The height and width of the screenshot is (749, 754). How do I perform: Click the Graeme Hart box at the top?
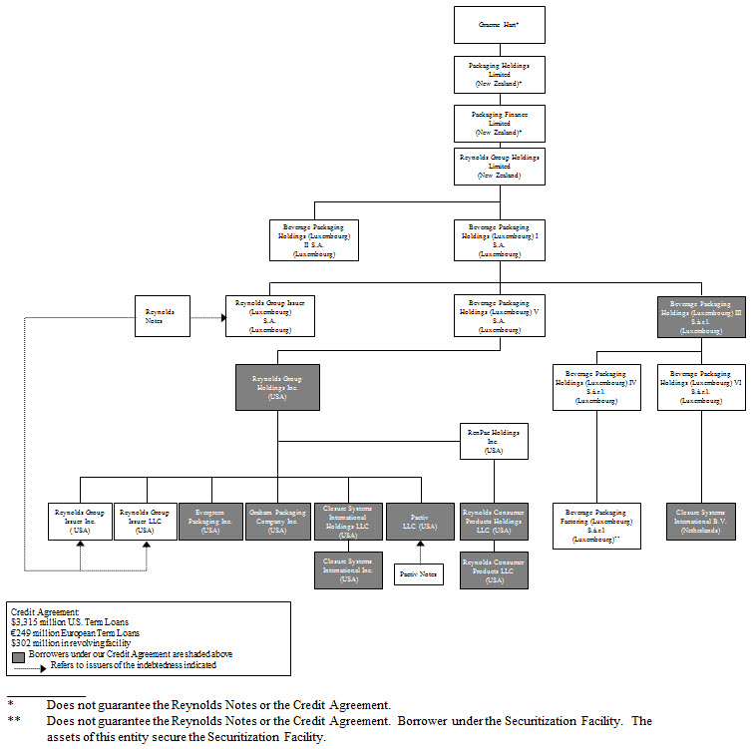click(x=500, y=25)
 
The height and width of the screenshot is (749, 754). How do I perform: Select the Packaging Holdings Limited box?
click(x=500, y=74)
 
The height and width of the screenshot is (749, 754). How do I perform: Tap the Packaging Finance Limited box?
click(x=500, y=123)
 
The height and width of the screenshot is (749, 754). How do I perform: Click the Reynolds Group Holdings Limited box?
click(x=500, y=167)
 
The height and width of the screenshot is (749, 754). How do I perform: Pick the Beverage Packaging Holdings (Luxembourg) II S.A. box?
click(x=314, y=239)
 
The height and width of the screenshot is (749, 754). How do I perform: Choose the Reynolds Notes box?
click(x=162, y=315)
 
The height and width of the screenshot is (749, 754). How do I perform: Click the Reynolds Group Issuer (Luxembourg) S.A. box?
click(x=271, y=315)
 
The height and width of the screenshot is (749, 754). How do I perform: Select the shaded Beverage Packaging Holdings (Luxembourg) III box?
click(x=701, y=315)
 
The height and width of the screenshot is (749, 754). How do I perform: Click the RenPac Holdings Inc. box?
click(x=494, y=442)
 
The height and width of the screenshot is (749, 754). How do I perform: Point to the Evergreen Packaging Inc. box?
click(x=210, y=522)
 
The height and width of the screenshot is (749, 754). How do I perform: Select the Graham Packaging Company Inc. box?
click(x=277, y=522)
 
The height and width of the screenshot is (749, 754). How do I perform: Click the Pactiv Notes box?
click(x=420, y=573)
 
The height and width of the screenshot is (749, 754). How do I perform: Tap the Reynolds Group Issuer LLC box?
click(x=146, y=522)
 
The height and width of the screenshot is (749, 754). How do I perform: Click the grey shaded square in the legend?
click(x=18, y=655)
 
